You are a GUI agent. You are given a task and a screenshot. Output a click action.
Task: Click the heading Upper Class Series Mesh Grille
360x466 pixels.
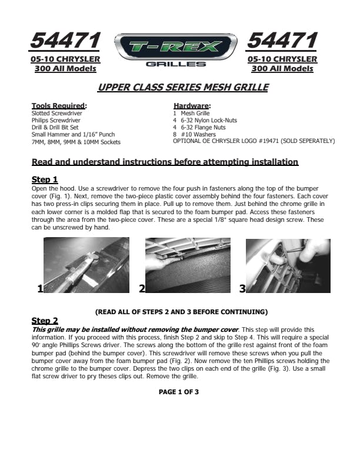tap(183, 88)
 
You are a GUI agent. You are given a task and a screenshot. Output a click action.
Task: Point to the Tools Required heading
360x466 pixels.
tap(59, 106)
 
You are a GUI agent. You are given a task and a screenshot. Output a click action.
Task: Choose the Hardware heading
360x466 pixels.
tap(192, 106)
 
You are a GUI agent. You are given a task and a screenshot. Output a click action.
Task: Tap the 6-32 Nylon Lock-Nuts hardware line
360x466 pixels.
tap(205, 120)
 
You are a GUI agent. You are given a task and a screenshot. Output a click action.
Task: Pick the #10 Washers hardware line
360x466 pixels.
tap(196, 134)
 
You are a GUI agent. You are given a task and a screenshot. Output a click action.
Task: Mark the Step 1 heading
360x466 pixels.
tap(44, 179)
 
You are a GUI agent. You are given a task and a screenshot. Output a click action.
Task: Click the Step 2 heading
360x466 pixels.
tap(44, 321)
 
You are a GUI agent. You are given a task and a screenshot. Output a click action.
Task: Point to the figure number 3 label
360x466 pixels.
tap(242, 288)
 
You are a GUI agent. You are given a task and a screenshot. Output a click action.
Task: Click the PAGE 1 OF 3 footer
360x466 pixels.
tap(179, 391)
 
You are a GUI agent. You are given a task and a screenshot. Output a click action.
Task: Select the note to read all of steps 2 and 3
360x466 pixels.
tap(181, 311)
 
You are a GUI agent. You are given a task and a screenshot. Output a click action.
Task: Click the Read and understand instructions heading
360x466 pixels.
tap(165, 162)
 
